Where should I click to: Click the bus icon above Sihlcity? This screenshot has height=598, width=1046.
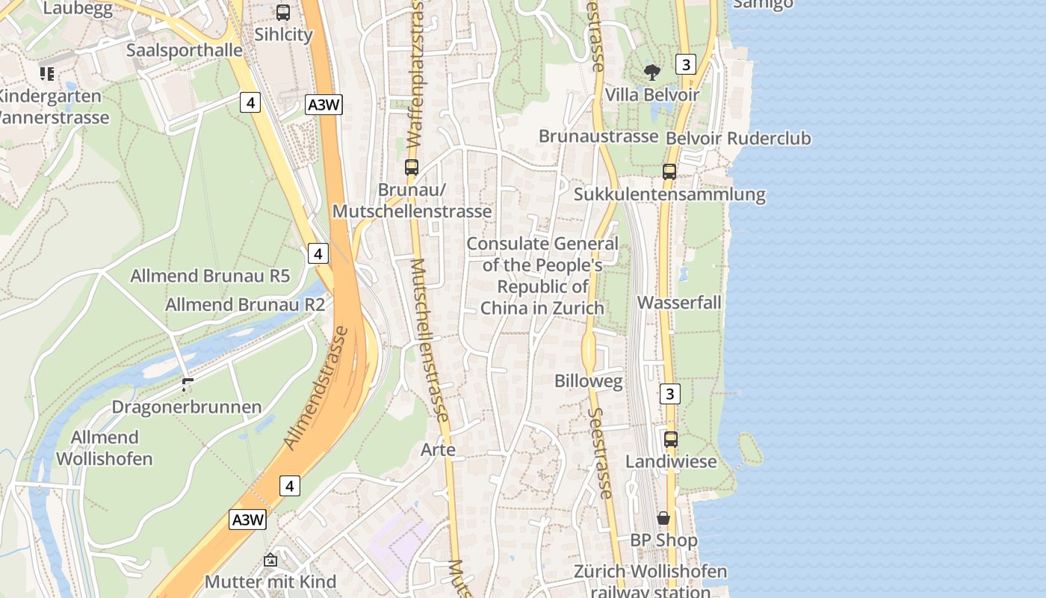click(283, 13)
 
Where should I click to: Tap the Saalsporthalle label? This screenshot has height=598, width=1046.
click(185, 50)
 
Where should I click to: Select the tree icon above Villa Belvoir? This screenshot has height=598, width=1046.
click(652, 73)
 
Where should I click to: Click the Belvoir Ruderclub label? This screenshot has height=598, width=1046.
click(737, 138)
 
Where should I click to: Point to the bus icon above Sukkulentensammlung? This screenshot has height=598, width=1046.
click(669, 172)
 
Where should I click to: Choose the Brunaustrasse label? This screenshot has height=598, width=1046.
click(598, 136)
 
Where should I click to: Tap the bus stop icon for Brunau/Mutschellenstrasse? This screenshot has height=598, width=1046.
click(412, 167)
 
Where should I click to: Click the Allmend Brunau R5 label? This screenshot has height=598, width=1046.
click(210, 276)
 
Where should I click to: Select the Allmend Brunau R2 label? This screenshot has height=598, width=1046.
click(245, 305)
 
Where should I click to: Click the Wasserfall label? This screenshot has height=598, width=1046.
click(679, 303)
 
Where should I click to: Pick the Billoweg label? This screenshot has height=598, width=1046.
click(588, 381)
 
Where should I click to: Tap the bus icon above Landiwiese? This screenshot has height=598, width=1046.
click(671, 440)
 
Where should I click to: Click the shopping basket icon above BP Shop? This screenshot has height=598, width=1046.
click(663, 518)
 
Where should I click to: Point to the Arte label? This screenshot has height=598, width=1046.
click(438, 450)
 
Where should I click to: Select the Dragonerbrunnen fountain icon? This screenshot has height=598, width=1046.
click(187, 386)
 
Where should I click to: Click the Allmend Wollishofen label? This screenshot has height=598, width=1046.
click(105, 448)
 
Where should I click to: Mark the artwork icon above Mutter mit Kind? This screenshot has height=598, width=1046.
click(270, 560)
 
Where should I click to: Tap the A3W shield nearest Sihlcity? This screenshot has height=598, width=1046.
click(324, 105)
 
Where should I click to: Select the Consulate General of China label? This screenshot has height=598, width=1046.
click(542, 276)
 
